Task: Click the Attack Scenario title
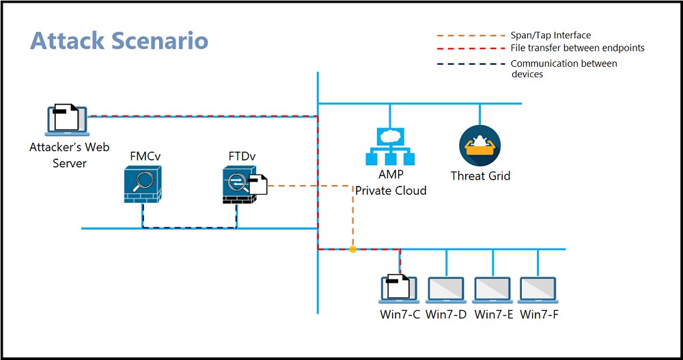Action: pos(119,40)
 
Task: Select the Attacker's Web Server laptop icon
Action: pos(67,120)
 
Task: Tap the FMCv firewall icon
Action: pos(143,184)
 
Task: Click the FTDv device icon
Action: pos(240,185)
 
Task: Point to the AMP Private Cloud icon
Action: pos(390,146)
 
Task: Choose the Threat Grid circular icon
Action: pos(479,146)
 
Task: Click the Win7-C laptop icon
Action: pos(399,288)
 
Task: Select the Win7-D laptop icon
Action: pos(445,290)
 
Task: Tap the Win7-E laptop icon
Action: pos(492,290)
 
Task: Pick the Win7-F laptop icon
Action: pos(538,290)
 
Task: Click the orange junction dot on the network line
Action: pos(353,249)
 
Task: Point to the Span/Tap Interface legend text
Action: pos(550,36)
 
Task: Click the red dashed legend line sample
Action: pos(471,49)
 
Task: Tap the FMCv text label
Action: pos(145,156)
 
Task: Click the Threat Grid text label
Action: pos(480,176)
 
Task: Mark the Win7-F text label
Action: pos(540,314)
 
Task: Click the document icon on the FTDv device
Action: pos(257,184)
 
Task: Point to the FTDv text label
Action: pos(242,156)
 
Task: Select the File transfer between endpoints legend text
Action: pos(578,48)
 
